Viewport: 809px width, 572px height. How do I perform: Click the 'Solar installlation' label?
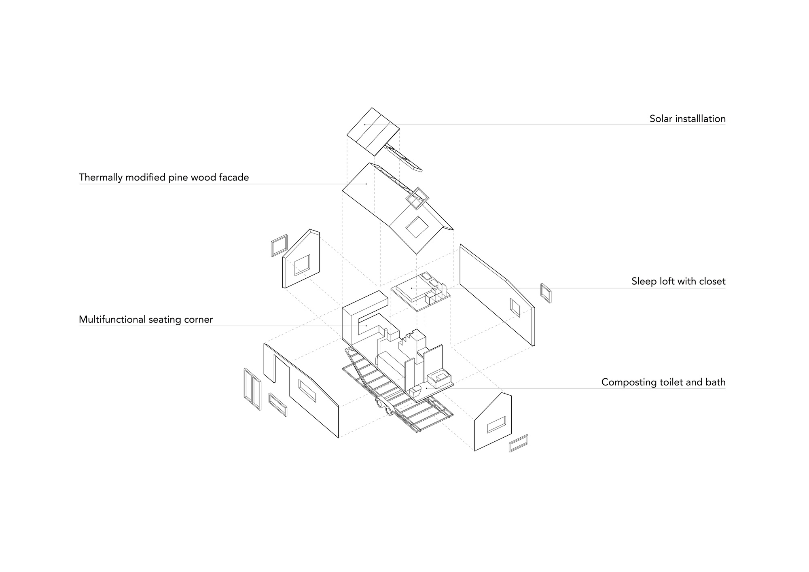[687, 119]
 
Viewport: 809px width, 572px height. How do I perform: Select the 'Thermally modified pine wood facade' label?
[164, 178]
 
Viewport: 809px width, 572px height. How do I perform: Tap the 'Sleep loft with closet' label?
[678, 282]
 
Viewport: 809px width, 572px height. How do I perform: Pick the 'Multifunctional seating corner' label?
[146, 320]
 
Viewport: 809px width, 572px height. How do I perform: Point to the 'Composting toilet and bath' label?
[663, 382]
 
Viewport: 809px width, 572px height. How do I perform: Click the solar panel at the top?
[373, 131]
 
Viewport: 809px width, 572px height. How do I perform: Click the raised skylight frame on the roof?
[417, 198]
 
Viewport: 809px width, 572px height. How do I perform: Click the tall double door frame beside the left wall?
[252, 389]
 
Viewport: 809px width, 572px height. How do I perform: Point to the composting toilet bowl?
[416, 392]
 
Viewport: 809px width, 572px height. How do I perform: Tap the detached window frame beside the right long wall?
[546, 293]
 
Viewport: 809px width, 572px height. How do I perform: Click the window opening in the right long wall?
[515, 308]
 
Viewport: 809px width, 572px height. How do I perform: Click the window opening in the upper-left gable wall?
[302, 265]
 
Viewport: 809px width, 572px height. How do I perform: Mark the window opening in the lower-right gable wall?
[496, 425]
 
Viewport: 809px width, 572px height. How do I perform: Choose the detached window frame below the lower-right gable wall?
[519, 443]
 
